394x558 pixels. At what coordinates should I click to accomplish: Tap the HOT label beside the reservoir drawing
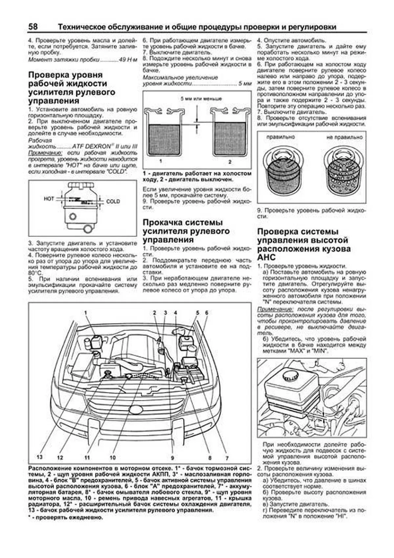pos(49,199)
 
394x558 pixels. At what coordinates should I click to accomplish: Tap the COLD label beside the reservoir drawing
pos(113,202)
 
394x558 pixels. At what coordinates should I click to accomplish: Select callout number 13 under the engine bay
pos(40,457)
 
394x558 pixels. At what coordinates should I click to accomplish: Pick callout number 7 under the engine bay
pos(227,458)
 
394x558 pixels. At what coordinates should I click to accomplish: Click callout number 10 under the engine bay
pos(113,457)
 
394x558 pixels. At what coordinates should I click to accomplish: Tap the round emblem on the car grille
pos(136,410)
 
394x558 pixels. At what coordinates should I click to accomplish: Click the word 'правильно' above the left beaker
pos(280,137)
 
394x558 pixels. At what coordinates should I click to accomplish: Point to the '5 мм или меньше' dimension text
pos(201,99)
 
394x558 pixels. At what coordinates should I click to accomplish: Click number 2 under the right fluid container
pos(230,162)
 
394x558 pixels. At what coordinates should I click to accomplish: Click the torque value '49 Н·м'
pos(129,60)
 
